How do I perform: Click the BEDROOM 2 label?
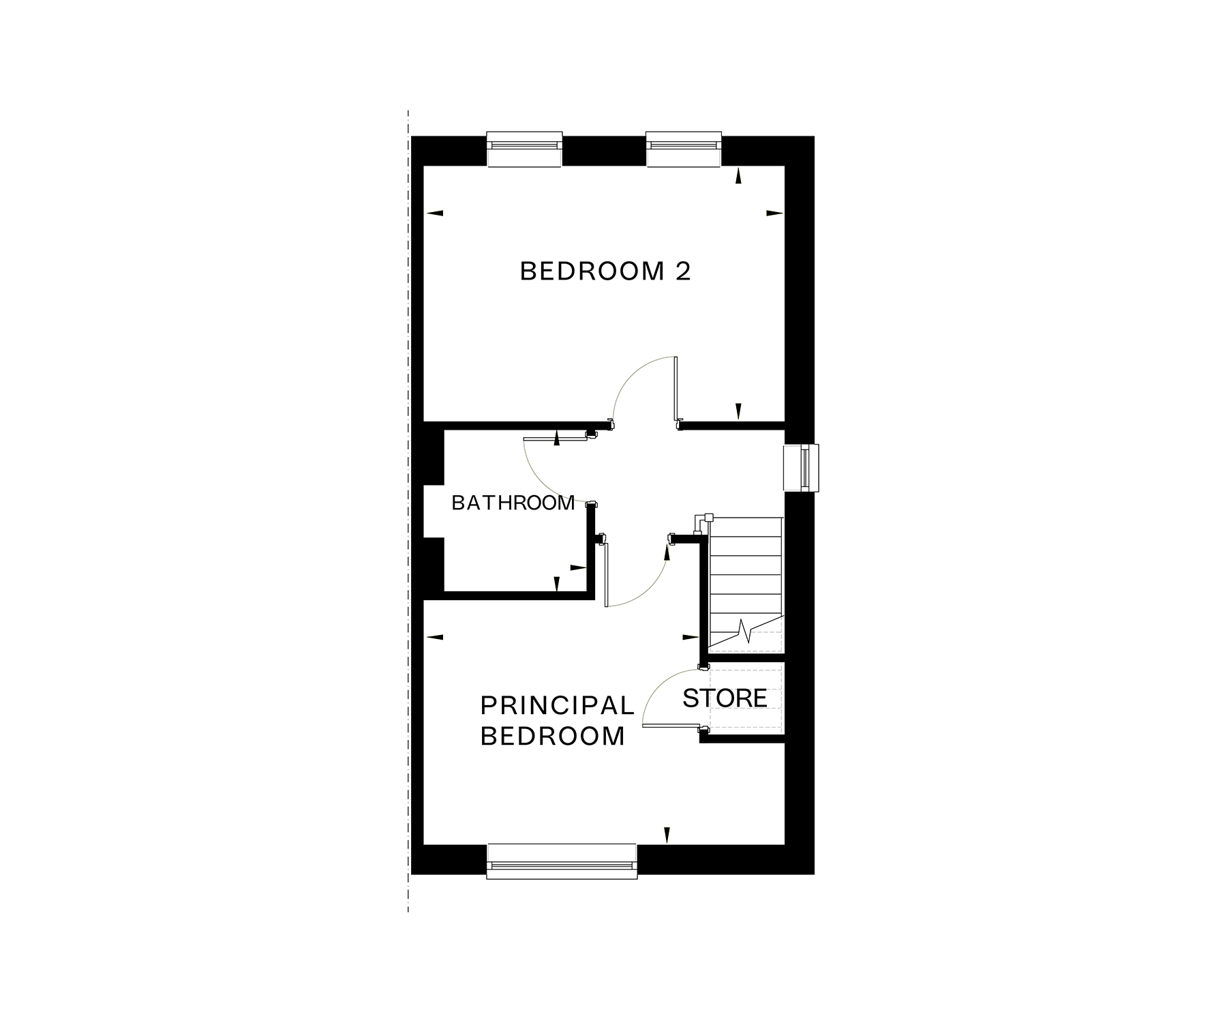click(605, 271)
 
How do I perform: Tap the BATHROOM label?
click(513, 503)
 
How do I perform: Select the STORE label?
click(725, 698)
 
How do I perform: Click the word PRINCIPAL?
click(558, 705)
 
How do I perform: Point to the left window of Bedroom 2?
click(524, 149)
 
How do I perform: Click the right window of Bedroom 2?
click(684, 149)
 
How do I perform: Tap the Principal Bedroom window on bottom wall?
click(562, 861)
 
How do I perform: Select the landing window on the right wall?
click(801, 468)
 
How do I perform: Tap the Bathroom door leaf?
click(556, 439)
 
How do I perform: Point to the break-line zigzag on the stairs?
click(746, 631)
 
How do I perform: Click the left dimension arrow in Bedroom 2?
click(434, 213)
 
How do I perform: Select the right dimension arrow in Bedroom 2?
click(775, 213)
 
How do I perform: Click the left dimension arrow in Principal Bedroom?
click(434, 637)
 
